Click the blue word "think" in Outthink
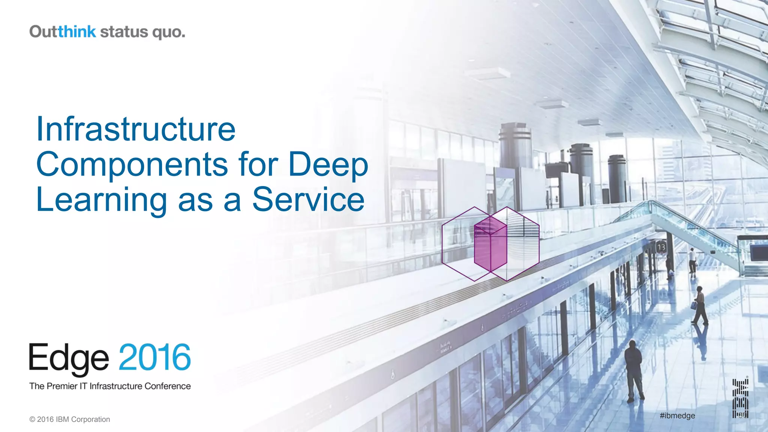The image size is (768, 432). pos(77,32)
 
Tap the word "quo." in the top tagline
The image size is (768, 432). pos(169,33)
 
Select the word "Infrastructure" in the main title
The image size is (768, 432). pos(136,129)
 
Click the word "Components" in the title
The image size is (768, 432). pos(132,164)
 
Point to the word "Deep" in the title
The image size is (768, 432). pos(328,164)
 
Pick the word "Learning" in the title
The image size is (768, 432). pos(101,200)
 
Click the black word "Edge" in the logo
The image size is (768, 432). pos(69,358)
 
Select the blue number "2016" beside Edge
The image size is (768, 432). pos(155,357)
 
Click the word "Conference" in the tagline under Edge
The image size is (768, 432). pos(168,386)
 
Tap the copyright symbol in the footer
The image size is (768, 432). pos(32,420)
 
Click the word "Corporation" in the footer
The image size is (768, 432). pos(91,420)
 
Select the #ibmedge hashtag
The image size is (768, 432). pos(677,415)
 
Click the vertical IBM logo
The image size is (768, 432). pos(740,398)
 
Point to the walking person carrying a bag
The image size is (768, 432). pos(700,306)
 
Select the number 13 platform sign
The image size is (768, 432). pos(661,247)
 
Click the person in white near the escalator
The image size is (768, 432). pos(692,260)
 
